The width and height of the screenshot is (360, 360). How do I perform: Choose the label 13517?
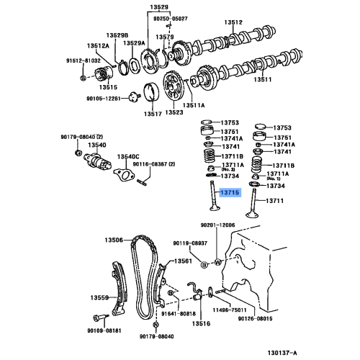(151, 113)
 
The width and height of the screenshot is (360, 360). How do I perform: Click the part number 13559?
(99, 297)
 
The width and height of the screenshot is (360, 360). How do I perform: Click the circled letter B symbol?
(204, 264)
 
